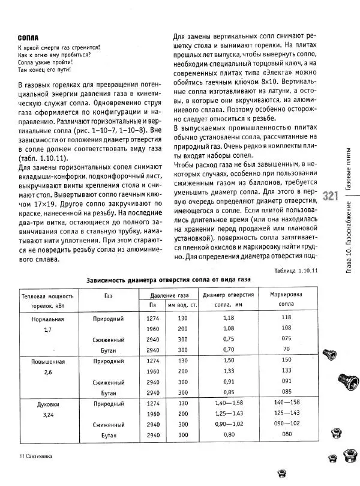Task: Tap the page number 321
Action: tap(332, 196)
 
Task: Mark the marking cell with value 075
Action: tap(286, 339)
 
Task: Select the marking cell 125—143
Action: tap(286, 413)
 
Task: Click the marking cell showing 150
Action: tap(286, 361)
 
